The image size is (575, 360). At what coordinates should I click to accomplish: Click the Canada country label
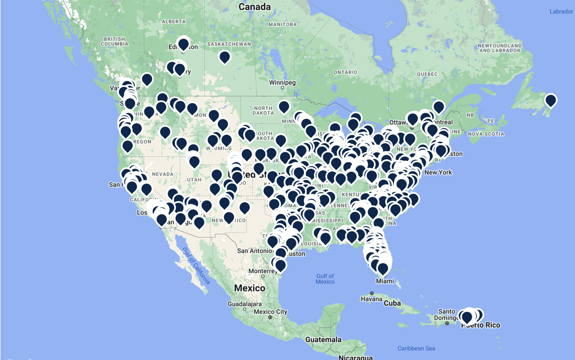pos(254,7)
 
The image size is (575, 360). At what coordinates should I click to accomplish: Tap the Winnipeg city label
pos(282,82)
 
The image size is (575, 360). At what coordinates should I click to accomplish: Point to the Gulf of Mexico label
pos(325,279)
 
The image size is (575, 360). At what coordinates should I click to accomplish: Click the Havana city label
pos(371,299)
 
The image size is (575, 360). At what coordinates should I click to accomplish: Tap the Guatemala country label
pos(323,340)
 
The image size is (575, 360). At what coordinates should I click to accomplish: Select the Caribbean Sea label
pos(416,348)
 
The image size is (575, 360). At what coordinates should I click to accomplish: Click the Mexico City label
pos(270,312)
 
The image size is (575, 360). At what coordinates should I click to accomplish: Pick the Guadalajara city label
pos(245,304)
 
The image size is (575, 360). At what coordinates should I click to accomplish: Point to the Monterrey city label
pos(263,271)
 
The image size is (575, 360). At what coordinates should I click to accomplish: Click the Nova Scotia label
pos(486,134)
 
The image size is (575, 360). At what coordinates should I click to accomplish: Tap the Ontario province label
pos(345,72)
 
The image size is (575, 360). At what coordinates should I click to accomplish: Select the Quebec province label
pos(427,74)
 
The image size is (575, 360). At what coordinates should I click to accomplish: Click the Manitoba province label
pos(282,25)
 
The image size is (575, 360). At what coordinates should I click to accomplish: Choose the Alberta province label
pos(174,22)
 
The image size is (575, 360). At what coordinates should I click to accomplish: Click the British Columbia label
pos(114,42)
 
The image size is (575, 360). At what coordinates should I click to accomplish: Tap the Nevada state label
pos(163,174)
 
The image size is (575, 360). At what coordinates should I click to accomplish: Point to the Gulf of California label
pos(196,265)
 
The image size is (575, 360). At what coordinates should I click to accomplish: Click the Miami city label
pos(385,281)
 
